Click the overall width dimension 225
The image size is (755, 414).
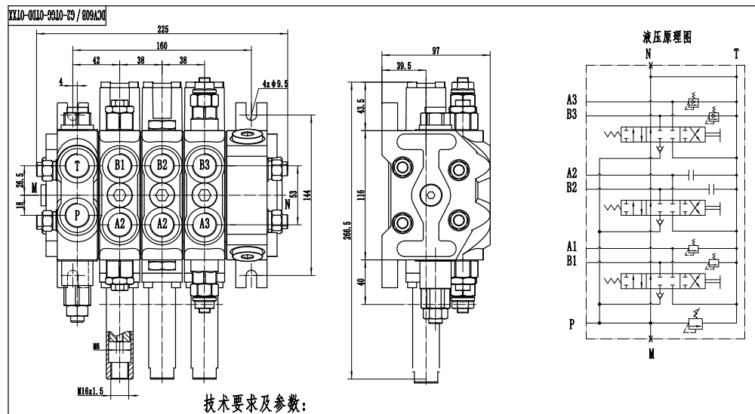click(162, 29)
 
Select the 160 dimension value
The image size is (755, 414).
click(162, 44)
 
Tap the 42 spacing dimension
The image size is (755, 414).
click(96, 60)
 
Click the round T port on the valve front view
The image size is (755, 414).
click(78, 165)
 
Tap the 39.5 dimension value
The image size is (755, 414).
click(405, 66)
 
